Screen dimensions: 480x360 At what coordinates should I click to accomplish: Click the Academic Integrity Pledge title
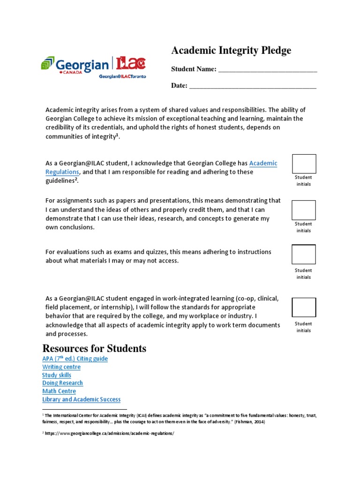(x=231, y=51)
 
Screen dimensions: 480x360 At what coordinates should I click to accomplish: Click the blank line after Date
(x=252, y=86)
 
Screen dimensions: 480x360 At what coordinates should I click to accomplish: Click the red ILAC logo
(x=131, y=63)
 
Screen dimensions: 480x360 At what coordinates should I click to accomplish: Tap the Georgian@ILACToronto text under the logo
(x=122, y=77)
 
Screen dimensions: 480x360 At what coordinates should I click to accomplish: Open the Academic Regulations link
(x=263, y=163)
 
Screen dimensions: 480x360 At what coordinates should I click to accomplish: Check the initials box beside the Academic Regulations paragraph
(x=304, y=164)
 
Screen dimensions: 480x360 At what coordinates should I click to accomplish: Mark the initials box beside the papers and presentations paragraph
(x=304, y=210)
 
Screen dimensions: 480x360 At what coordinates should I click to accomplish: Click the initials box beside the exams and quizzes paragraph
(x=304, y=255)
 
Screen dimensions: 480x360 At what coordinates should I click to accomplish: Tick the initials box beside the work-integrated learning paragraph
(x=304, y=307)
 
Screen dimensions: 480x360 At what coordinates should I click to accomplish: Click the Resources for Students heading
(x=94, y=348)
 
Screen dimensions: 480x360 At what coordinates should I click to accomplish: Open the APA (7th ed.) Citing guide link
(x=75, y=359)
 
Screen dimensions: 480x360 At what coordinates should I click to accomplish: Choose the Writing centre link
(x=61, y=367)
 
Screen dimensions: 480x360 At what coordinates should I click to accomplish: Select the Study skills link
(x=57, y=375)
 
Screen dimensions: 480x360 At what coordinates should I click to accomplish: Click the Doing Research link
(x=62, y=383)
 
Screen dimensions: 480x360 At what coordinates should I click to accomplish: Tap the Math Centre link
(x=59, y=391)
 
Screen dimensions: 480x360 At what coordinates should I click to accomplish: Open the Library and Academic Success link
(x=81, y=399)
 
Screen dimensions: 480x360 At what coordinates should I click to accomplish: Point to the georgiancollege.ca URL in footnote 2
(x=110, y=434)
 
